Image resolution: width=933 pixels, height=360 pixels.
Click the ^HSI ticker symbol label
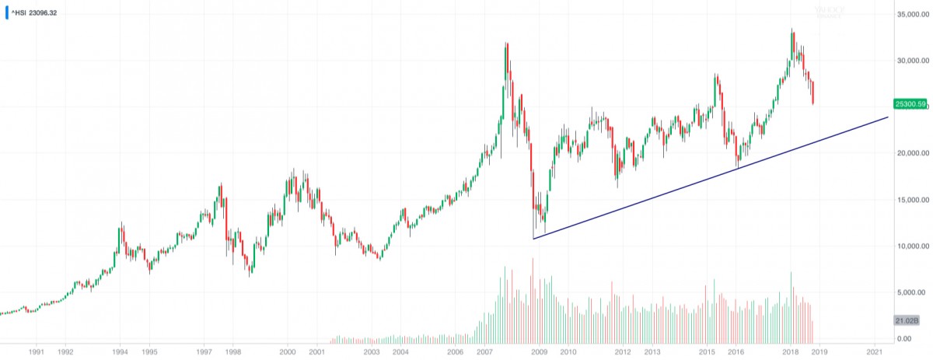coord(19,12)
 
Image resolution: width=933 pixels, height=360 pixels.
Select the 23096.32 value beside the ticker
coord(44,12)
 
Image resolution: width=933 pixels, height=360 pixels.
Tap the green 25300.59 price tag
coord(910,103)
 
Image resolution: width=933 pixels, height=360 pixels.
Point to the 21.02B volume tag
coord(908,320)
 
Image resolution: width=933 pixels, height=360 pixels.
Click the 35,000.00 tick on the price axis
coord(912,15)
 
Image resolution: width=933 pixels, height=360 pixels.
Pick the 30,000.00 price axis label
coord(912,61)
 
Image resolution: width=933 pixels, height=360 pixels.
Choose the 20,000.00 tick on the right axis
coord(912,154)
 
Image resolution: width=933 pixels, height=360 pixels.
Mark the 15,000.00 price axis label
coord(912,201)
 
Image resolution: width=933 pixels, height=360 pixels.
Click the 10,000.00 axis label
coord(912,246)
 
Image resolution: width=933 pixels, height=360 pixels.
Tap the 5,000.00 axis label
coord(914,293)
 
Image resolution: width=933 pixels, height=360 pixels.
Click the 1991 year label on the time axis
coord(36,352)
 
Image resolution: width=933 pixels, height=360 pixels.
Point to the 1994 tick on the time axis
coord(120,352)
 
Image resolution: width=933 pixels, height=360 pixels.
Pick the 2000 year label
coord(287,352)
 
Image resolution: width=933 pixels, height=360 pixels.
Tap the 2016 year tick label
coord(735,352)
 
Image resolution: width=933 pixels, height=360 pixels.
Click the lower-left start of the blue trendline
coord(533,239)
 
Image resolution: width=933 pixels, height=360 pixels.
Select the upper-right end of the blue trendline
coord(888,117)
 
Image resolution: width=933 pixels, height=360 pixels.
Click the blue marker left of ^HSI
coord(6,13)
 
